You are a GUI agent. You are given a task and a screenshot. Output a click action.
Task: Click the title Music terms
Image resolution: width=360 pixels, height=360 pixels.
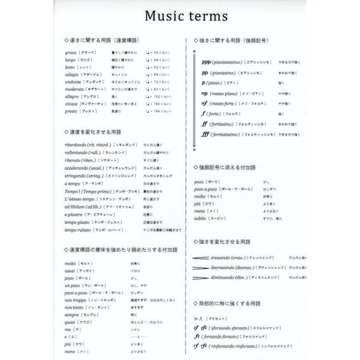click(180, 15)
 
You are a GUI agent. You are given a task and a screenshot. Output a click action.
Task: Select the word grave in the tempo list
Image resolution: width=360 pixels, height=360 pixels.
click(70, 52)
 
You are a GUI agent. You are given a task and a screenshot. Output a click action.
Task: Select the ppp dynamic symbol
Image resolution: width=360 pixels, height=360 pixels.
click(207, 63)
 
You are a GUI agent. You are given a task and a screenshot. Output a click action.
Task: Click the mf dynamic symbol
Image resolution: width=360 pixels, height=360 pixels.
click(203, 103)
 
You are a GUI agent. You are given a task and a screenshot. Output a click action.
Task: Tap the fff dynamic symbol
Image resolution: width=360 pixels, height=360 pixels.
click(205, 134)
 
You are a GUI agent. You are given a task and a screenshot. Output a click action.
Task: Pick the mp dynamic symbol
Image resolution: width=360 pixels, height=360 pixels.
click(204, 93)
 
